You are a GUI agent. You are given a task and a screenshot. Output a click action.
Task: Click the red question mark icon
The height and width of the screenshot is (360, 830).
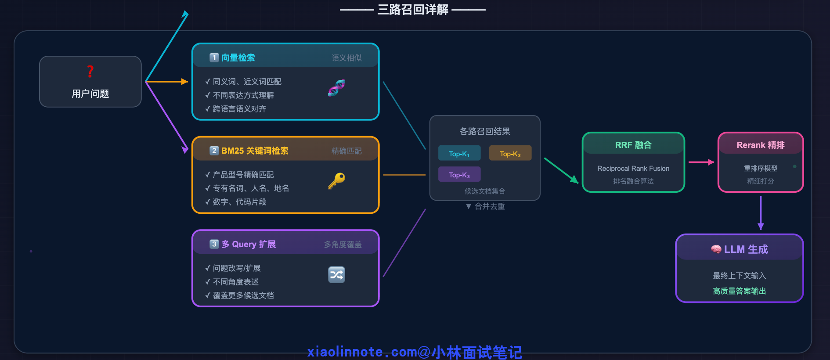[90, 71]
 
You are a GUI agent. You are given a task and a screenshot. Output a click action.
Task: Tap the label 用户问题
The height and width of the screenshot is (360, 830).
[90, 94]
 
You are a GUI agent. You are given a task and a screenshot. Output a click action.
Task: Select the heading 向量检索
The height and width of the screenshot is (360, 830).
[238, 58]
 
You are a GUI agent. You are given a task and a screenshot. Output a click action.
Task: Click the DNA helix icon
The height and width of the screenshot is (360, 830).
[336, 88]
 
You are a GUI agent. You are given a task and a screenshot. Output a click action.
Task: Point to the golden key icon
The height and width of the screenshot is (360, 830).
[336, 180]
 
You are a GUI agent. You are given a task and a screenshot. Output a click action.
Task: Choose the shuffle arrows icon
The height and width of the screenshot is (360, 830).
[336, 275]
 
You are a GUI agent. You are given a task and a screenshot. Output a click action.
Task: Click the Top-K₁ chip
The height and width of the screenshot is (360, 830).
[459, 154]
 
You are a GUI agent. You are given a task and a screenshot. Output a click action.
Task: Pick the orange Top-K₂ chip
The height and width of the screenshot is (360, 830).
[510, 154]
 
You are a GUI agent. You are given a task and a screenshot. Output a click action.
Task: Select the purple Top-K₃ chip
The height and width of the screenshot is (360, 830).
[459, 175]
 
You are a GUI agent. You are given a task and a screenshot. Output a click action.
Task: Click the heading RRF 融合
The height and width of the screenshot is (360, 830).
[633, 145]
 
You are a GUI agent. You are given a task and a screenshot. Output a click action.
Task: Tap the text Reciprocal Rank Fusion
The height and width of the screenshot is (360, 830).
[633, 169]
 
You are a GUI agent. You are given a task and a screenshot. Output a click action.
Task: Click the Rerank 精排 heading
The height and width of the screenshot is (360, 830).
[761, 145]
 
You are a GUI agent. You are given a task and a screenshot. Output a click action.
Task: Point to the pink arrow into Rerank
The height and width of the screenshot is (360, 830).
[701, 162]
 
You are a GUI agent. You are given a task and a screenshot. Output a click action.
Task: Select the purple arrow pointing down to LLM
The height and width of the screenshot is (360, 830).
[761, 213]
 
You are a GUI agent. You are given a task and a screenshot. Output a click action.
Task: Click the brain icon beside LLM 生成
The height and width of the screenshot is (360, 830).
[716, 249]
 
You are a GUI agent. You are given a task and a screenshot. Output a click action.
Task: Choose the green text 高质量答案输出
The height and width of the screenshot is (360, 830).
[740, 291]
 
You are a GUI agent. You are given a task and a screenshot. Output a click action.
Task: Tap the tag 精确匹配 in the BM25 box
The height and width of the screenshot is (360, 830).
[346, 151]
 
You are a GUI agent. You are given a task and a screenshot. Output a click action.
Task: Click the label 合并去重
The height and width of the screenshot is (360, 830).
[489, 206]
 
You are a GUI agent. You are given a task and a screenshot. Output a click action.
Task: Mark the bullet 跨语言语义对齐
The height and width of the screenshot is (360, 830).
[239, 109]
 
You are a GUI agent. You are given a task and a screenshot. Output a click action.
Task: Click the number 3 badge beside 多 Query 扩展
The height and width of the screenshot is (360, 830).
[214, 244]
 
